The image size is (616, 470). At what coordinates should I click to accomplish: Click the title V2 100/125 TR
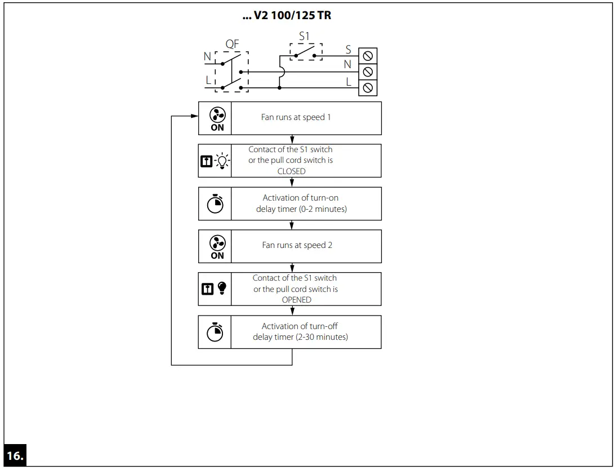coord(287,15)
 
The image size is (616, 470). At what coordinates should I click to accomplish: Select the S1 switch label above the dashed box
coord(304,36)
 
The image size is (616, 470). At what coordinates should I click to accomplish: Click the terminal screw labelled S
coord(368,55)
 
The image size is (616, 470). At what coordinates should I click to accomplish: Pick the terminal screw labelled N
coord(368,72)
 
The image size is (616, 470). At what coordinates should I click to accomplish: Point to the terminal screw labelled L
coord(368,88)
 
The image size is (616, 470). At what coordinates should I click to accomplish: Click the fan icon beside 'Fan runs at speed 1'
coord(217,115)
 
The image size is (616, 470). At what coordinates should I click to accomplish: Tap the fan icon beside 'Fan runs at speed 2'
coord(217,243)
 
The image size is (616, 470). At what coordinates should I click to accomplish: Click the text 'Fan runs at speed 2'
coord(293,245)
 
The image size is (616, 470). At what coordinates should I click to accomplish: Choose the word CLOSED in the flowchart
coord(292,171)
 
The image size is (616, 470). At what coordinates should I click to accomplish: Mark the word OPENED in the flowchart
coord(296,300)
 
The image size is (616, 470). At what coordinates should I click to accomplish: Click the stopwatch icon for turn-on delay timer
coord(216,204)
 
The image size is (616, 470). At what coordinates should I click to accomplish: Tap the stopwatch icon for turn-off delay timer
coord(216,332)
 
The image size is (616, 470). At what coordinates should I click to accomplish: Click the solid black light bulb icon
coord(221,289)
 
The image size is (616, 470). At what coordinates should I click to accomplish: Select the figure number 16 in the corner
coord(15,456)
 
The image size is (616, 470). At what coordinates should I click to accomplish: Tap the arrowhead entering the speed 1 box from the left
coord(195,117)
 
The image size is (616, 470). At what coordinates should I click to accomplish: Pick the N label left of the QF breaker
coord(207,56)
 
